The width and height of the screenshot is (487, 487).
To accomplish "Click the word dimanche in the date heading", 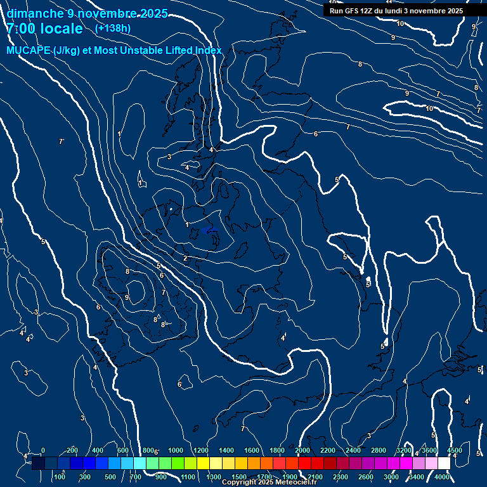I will point(35,13).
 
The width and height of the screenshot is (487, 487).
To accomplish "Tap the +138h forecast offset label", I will point(113,29).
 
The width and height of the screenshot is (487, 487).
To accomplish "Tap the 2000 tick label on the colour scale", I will point(302,450).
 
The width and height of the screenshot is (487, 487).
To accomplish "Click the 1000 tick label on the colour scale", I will point(175,450).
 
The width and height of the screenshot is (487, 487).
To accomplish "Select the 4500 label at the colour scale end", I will point(455,450).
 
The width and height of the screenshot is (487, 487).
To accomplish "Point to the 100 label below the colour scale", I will point(61,477).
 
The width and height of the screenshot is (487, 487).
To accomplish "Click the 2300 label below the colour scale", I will point(341,477).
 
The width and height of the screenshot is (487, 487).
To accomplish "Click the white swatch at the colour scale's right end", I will point(444,464).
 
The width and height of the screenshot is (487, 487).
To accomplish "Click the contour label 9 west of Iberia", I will point(127,297).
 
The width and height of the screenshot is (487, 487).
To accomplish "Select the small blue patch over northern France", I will point(212,231).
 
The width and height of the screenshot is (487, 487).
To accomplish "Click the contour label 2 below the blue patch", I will point(185,258).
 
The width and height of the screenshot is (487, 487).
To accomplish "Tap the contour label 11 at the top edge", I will point(389,3).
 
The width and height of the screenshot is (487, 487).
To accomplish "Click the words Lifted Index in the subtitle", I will point(190,51).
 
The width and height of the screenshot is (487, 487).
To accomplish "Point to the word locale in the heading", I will point(62,29).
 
